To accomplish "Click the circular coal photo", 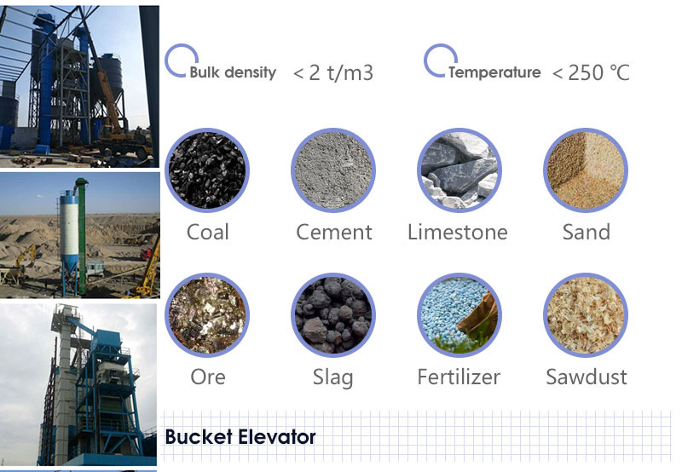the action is pos(207,170).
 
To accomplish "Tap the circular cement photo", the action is pos(333,170).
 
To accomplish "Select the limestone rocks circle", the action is pos(459,170).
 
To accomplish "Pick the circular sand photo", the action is pos(586,170).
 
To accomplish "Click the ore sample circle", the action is pos(207,314).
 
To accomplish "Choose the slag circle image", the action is pos(333,314).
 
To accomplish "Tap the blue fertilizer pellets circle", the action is pos(459,314).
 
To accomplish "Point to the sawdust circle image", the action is pos(586,314).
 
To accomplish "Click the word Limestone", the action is pos(458,232).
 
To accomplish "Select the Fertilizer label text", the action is pos(459,377).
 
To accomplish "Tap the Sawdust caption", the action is pos(587,377).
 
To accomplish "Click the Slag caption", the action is pos(332,377).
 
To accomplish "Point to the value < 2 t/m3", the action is pos(333,72).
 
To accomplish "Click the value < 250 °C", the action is pos(591,72).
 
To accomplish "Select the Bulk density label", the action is pos(233,72).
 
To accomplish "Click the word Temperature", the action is pos(494,72).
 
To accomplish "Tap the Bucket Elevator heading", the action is pos(240,437).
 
